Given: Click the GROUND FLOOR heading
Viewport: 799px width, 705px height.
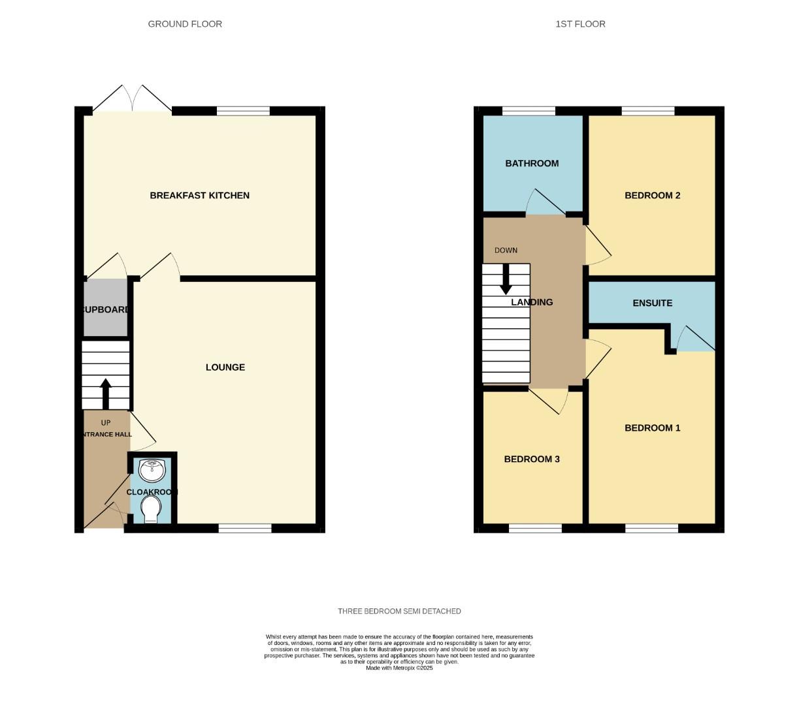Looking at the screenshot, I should pyautogui.click(x=185, y=24).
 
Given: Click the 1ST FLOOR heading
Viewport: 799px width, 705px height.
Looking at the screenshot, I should pyautogui.click(x=580, y=24).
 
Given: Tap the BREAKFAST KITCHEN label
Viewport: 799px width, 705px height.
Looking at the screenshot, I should pyautogui.click(x=199, y=195).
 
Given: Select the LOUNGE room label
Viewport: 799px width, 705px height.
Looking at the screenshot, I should pyautogui.click(x=225, y=368).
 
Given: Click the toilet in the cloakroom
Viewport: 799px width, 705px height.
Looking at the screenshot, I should pyautogui.click(x=151, y=509).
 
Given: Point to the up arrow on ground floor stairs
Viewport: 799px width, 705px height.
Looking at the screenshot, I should pyautogui.click(x=105, y=392).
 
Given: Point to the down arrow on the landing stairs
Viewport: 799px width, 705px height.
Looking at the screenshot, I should pyautogui.click(x=506, y=279).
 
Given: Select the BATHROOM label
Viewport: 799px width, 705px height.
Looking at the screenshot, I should pyautogui.click(x=532, y=163).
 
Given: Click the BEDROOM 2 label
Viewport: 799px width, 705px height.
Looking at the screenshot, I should pyautogui.click(x=652, y=195).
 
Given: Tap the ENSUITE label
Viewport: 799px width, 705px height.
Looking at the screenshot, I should pyautogui.click(x=652, y=303).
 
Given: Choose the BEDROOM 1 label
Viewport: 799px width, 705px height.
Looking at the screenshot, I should pyautogui.click(x=652, y=428).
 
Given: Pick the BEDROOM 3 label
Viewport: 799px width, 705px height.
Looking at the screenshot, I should pyautogui.click(x=532, y=459).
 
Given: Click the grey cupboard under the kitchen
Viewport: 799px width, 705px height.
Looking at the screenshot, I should pyautogui.click(x=105, y=308).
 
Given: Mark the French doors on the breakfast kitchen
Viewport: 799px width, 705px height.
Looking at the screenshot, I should pyautogui.click(x=133, y=101).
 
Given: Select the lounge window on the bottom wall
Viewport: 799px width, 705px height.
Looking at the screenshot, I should pyautogui.click(x=245, y=528).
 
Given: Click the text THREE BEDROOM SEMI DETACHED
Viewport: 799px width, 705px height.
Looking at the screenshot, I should pyautogui.click(x=399, y=611).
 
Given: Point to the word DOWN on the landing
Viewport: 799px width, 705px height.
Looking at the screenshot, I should pyautogui.click(x=506, y=250).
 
